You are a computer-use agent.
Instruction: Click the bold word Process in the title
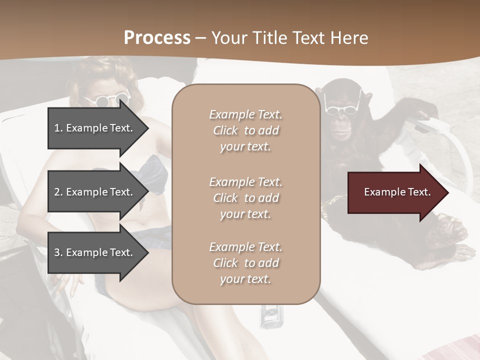157,37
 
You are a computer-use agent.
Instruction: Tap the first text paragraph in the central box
245,130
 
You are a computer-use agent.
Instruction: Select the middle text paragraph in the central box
245,197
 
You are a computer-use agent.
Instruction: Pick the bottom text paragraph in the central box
245,262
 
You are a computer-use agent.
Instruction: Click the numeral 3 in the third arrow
57,252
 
